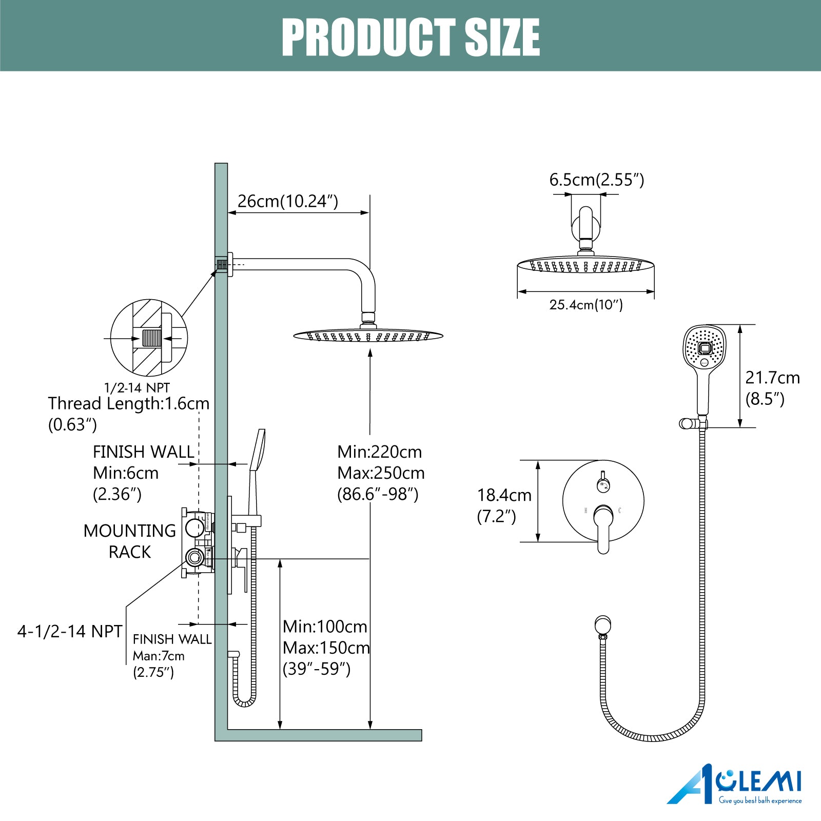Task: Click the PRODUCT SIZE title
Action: click(x=411, y=37)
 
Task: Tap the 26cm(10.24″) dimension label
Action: click(x=288, y=201)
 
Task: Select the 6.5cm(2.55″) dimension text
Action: click(x=597, y=180)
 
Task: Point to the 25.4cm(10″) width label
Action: click(x=586, y=305)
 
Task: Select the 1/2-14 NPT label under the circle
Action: click(x=137, y=388)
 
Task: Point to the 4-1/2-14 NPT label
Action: click(x=70, y=631)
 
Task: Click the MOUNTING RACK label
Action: click(x=130, y=541)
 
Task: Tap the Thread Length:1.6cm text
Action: click(x=129, y=403)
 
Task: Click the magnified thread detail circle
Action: click(x=149, y=338)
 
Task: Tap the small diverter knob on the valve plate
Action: click(x=603, y=483)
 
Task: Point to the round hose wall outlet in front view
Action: click(x=603, y=625)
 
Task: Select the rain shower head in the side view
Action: click(x=368, y=336)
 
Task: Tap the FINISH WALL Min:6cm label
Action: click(x=143, y=473)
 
